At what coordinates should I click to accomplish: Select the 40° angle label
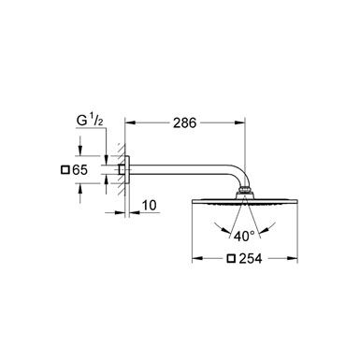[x=245, y=235]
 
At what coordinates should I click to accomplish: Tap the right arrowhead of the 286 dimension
[x=242, y=122]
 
